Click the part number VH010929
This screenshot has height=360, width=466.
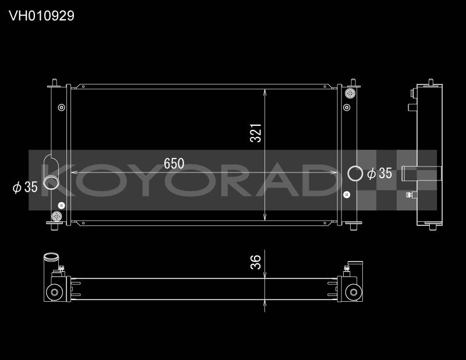[x=41, y=16]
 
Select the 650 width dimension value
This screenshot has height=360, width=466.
[x=174, y=164]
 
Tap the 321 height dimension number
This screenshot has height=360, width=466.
[x=255, y=133]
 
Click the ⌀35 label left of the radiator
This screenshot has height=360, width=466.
[x=25, y=187]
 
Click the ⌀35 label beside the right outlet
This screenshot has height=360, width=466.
[x=379, y=173]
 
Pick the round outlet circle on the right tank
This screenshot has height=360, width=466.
[x=354, y=173]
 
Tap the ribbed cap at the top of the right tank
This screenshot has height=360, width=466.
[x=350, y=94]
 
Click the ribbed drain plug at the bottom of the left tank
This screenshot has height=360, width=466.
[x=58, y=216]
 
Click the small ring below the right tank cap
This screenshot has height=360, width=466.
[x=347, y=107]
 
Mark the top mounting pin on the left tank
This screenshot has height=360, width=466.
[x=54, y=82]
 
